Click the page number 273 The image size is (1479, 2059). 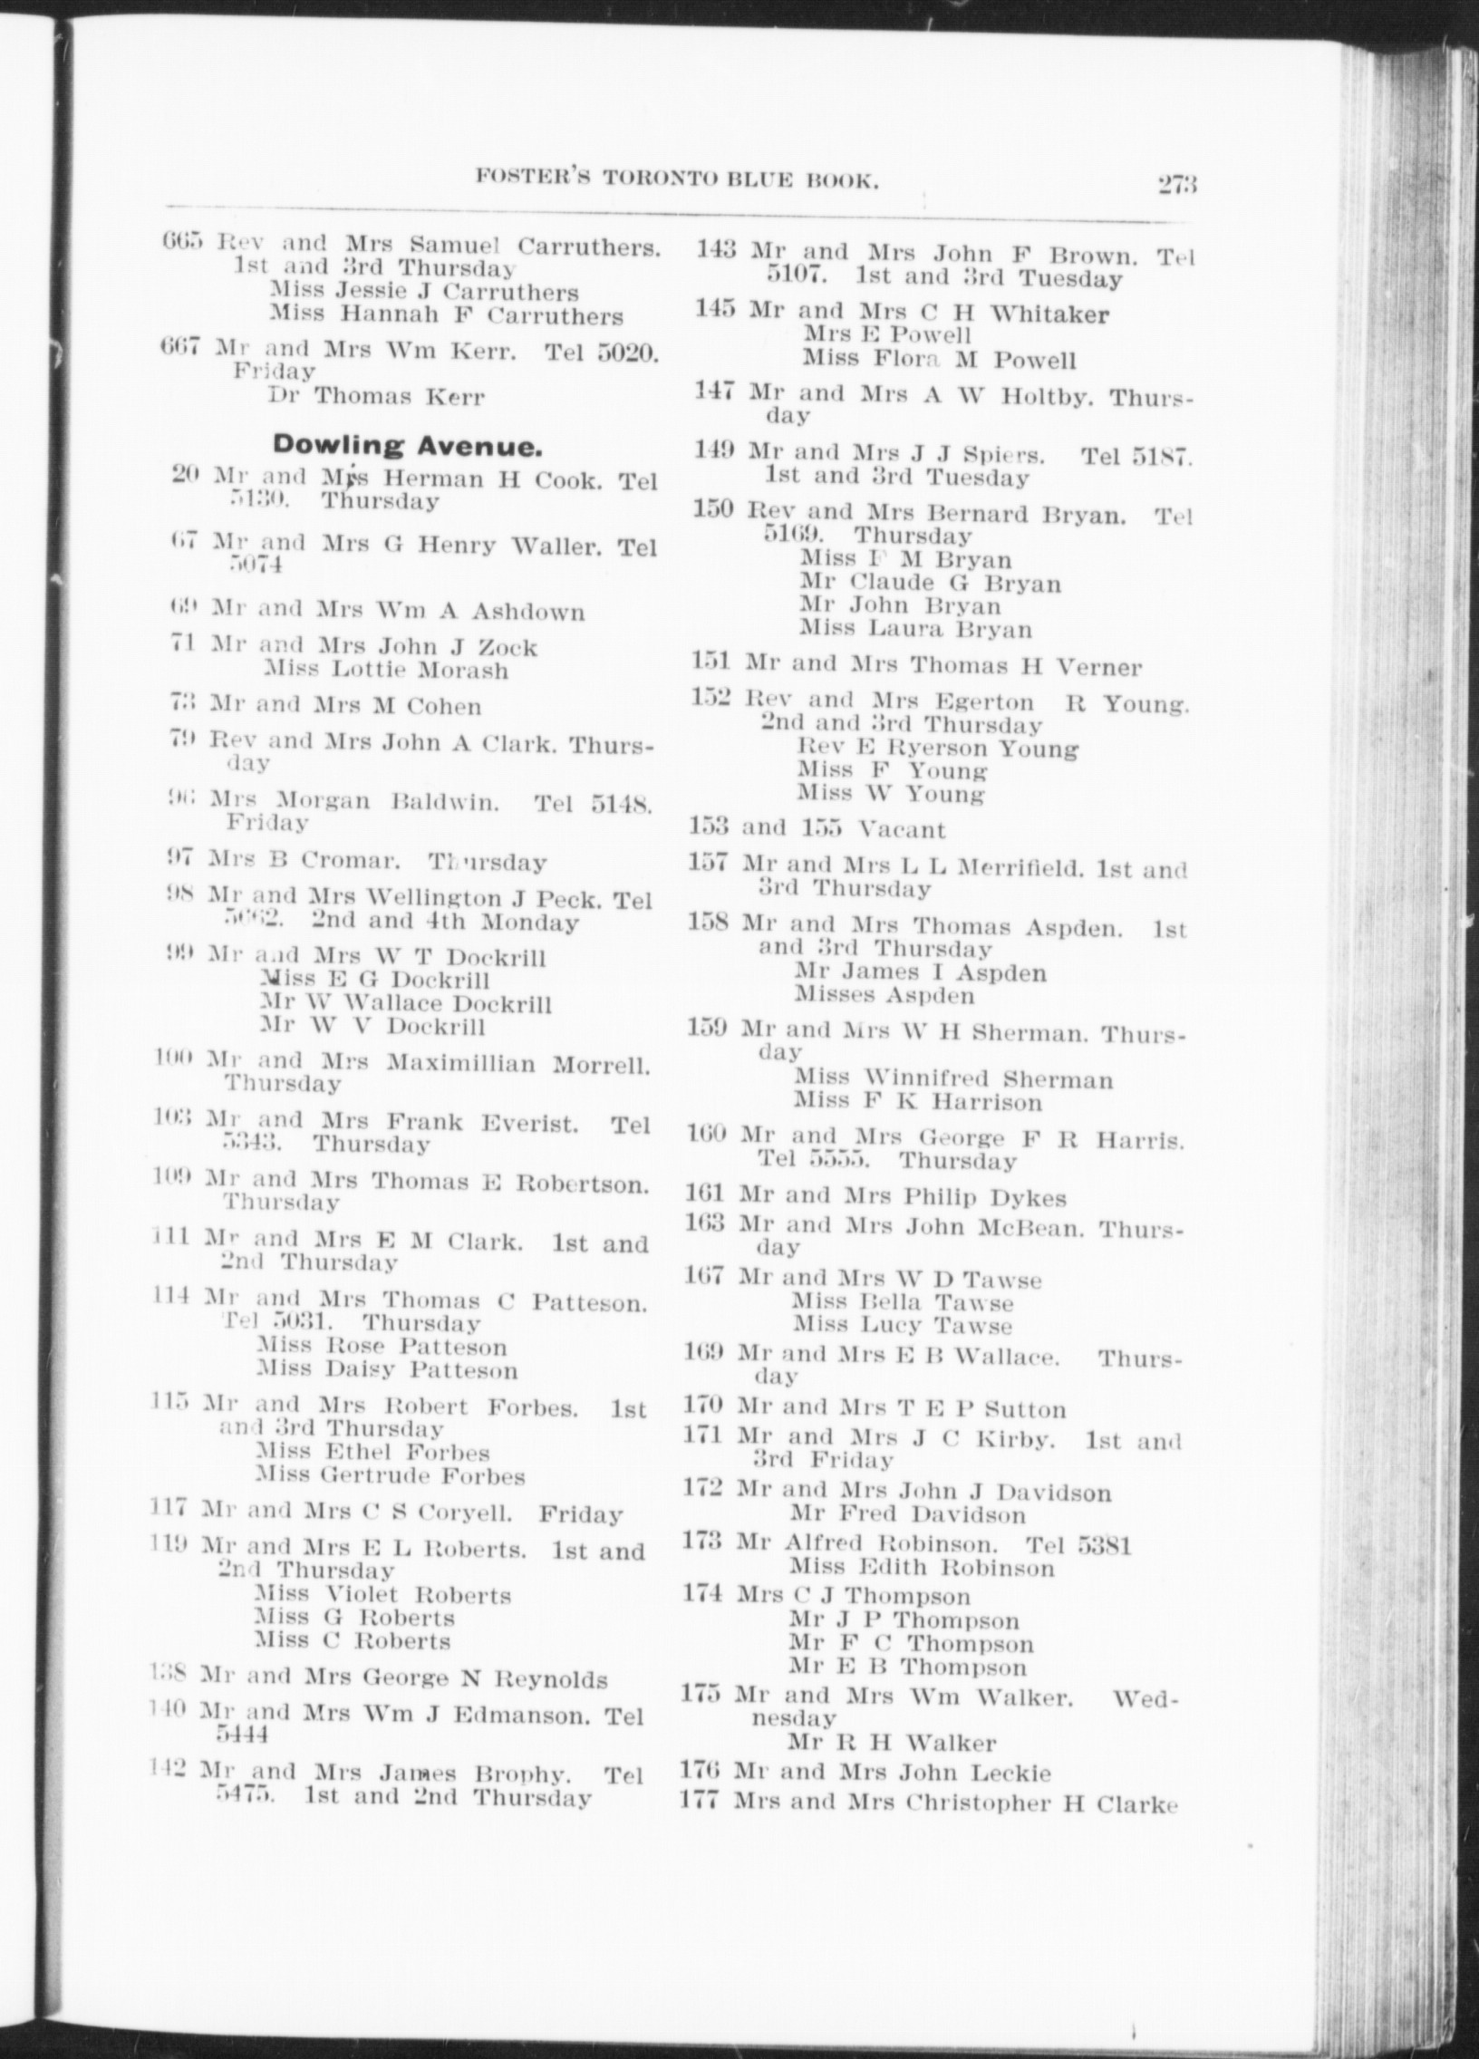click(1177, 184)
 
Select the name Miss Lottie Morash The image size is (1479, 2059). click(386, 671)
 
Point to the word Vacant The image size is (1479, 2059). click(903, 830)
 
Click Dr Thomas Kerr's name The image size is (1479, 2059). click(377, 396)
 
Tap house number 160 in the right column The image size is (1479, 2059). click(706, 1137)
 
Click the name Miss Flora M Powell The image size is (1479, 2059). click(939, 360)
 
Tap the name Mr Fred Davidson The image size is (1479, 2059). click(908, 1514)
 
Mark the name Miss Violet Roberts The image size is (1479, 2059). click(382, 1595)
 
